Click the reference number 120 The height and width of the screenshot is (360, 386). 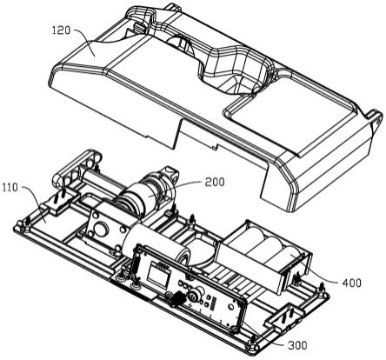tap(61, 30)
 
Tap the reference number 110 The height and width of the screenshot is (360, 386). tap(10, 188)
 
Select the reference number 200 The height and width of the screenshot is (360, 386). tap(215, 182)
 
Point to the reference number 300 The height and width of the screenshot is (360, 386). tap(297, 345)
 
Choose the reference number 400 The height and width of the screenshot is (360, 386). tap(351, 283)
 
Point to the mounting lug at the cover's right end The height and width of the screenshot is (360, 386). tap(376, 120)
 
